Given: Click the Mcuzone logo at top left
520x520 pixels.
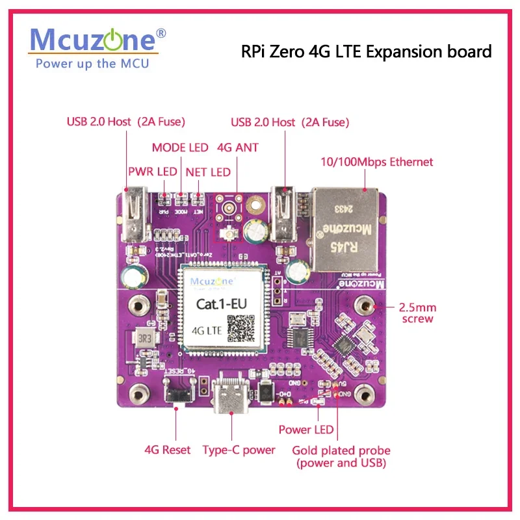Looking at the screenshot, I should [94, 40].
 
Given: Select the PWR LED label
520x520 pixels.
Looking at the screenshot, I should [153, 172].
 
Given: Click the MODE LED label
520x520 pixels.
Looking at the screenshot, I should [180, 148].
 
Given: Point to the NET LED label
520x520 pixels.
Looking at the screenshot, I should [208, 172].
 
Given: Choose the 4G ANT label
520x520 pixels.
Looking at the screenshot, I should [237, 148].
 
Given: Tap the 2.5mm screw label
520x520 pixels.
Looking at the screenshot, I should [417, 312].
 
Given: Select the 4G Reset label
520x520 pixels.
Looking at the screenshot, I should [168, 450].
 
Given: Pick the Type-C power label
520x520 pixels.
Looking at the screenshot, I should [239, 450].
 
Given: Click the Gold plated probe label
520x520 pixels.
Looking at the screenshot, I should [341, 456].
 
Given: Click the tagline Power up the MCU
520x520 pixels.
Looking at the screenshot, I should [92, 63].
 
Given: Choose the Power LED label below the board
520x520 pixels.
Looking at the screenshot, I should [306, 430].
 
